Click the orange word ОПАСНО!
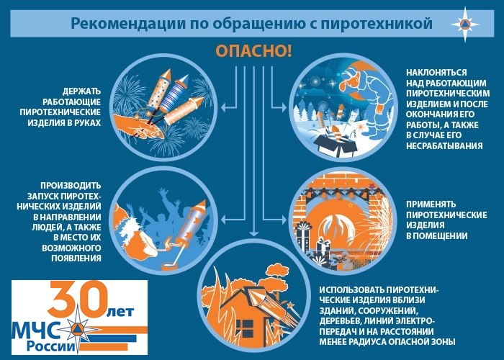tap(253, 51)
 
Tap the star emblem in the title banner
tap(465, 24)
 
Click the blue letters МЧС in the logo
tap(35, 330)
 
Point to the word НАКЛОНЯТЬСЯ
tap(436, 72)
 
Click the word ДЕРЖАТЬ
tap(81, 91)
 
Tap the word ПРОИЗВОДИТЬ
tap(71, 186)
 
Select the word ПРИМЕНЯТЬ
tap(431, 204)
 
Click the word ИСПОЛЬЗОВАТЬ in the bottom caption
tap(352, 290)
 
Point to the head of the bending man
tap(351, 78)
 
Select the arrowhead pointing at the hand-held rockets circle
tap(224, 107)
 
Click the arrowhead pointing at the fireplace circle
tap(283, 220)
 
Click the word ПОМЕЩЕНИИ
tap(436, 236)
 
